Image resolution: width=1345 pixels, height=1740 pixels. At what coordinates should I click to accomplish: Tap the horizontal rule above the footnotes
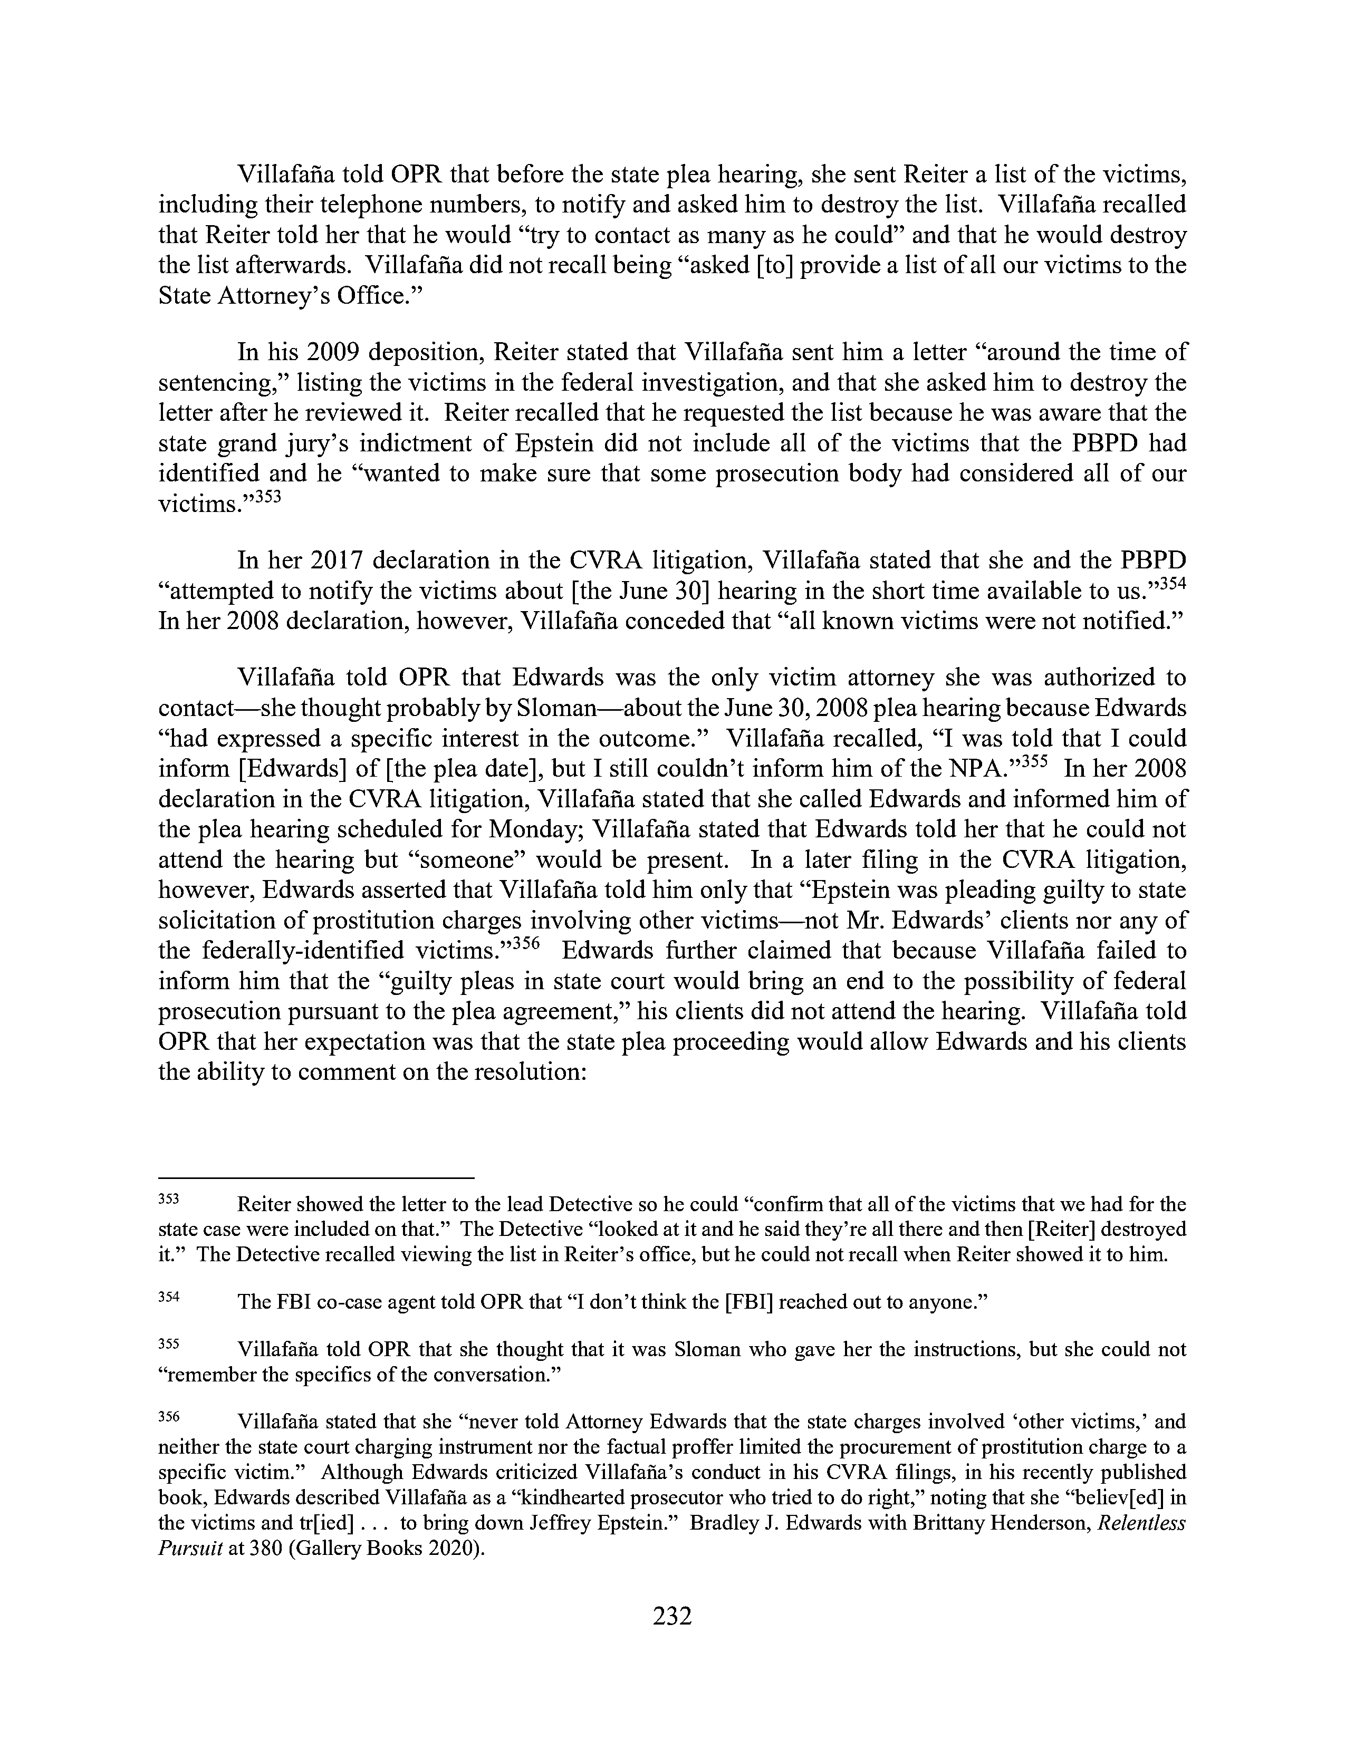point(316,1177)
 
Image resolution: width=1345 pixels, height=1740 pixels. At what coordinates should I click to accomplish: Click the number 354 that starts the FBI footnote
point(169,1296)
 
